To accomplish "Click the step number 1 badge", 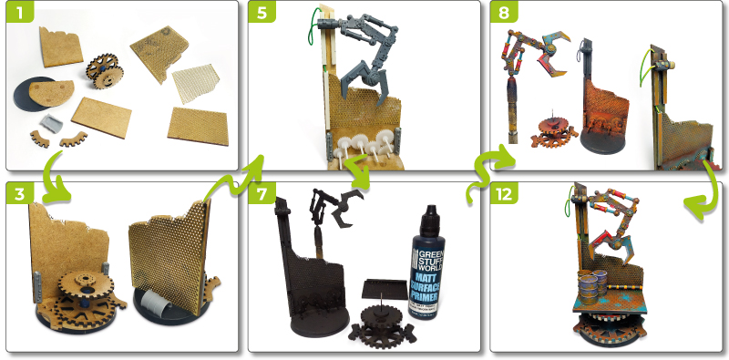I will [x=18, y=14].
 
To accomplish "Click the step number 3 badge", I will [x=18, y=195].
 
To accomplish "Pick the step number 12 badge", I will [x=505, y=195].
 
